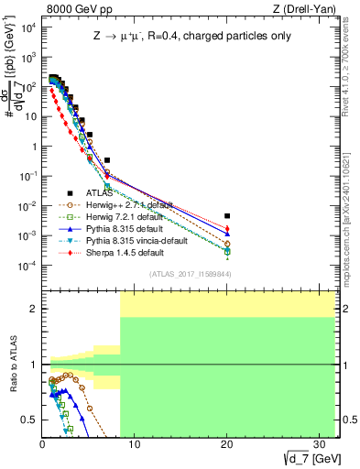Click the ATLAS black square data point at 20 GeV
click(x=227, y=216)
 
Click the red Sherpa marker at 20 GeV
click(x=227, y=228)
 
